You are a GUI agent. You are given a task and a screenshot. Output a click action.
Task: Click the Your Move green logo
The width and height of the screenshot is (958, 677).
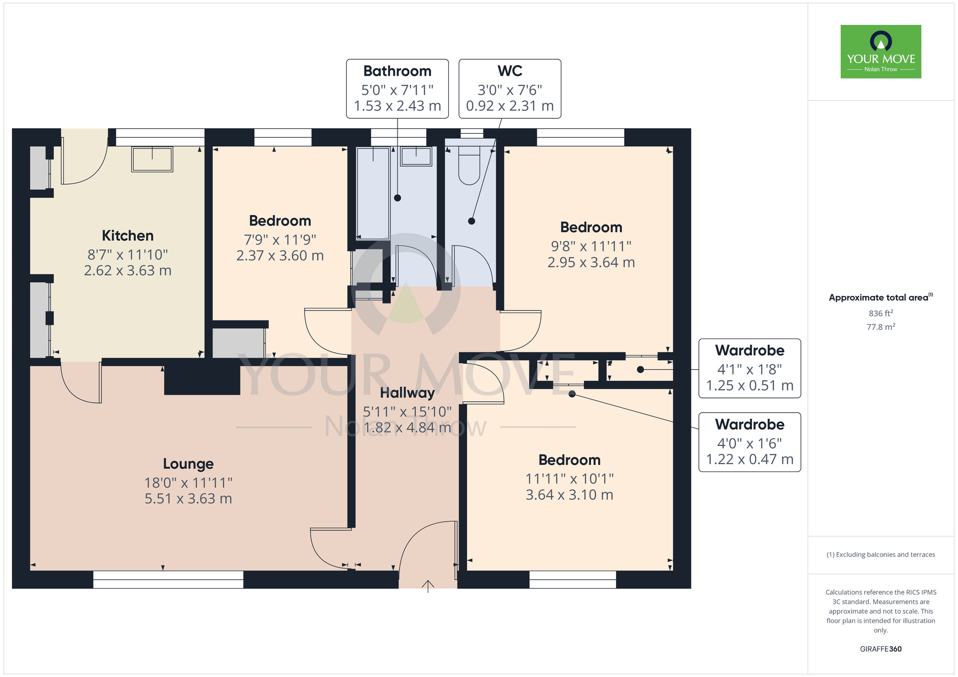(881, 52)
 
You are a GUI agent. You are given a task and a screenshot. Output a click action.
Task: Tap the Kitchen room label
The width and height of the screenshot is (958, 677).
(128, 236)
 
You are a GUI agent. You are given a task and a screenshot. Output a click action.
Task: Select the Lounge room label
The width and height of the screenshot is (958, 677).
(188, 464)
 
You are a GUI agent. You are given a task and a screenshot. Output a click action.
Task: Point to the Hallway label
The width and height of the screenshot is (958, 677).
(407, 393)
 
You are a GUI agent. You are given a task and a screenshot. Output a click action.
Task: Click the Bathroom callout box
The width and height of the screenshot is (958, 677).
(398, 89)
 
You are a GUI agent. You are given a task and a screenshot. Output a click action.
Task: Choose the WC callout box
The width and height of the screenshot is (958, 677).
(510, 89)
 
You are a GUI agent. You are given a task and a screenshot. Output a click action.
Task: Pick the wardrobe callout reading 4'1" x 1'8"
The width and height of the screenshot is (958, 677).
(750, 368)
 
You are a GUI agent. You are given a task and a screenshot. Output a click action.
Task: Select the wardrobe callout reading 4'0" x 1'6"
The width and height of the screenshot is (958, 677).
(750, 442)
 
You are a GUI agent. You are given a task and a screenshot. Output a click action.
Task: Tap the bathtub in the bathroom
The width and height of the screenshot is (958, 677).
(373, 193)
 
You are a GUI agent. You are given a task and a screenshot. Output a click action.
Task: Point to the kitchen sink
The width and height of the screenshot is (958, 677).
(152, 159)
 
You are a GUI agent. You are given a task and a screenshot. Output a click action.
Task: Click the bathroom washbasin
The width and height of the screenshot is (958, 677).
(416, 157)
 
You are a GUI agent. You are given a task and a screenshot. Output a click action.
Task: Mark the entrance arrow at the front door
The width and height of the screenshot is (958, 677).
(428, 587)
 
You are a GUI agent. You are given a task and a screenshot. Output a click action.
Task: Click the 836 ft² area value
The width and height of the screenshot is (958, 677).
(881, 313)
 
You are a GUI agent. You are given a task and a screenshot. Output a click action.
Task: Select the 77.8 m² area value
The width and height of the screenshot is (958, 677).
(881, 327)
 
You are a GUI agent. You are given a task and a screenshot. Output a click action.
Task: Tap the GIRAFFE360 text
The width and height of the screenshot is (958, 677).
(881, 649)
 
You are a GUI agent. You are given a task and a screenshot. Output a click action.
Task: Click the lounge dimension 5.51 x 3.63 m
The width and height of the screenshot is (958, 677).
(188, 499)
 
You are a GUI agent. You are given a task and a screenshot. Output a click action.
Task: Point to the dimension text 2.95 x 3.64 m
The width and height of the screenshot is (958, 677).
(591, 262)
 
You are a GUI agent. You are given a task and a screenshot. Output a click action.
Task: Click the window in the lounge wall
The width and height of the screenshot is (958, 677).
(168, 579)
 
